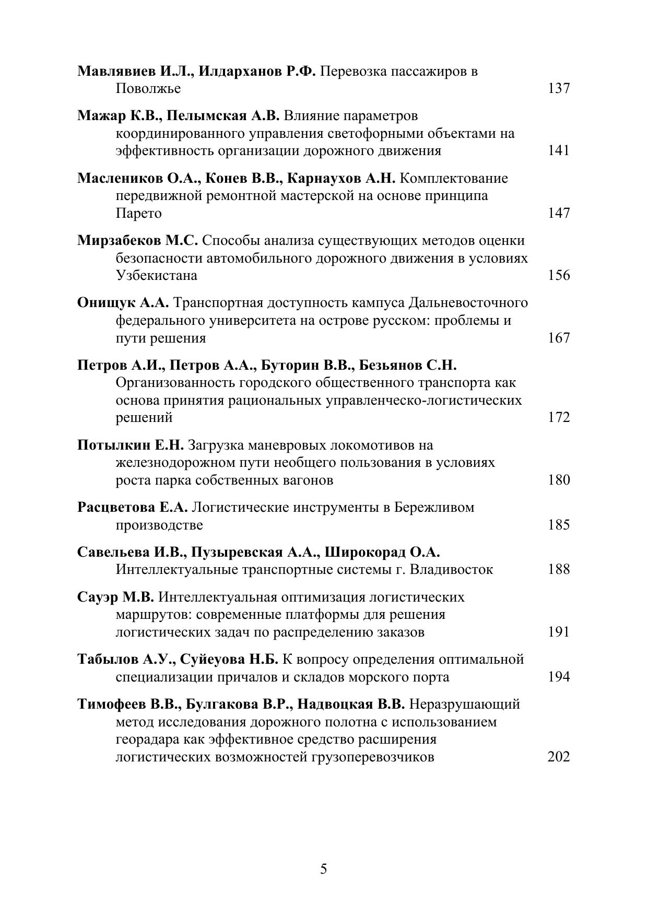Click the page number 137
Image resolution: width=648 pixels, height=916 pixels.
pos(558,88)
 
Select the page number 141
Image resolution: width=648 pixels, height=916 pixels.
pos(558,151)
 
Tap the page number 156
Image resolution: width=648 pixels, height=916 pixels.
pos(558,275)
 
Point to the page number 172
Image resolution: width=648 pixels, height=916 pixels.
pos(558,418)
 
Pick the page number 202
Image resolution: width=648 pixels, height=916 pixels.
pos(558,757)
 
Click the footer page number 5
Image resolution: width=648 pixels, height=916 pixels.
pos(324,869)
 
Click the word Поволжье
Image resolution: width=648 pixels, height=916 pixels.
pos(148,89)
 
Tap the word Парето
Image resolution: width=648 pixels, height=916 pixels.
pos(138,214)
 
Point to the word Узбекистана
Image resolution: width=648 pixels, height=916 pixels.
pos(156,276)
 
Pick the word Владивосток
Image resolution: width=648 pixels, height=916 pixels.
pos(452,570)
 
